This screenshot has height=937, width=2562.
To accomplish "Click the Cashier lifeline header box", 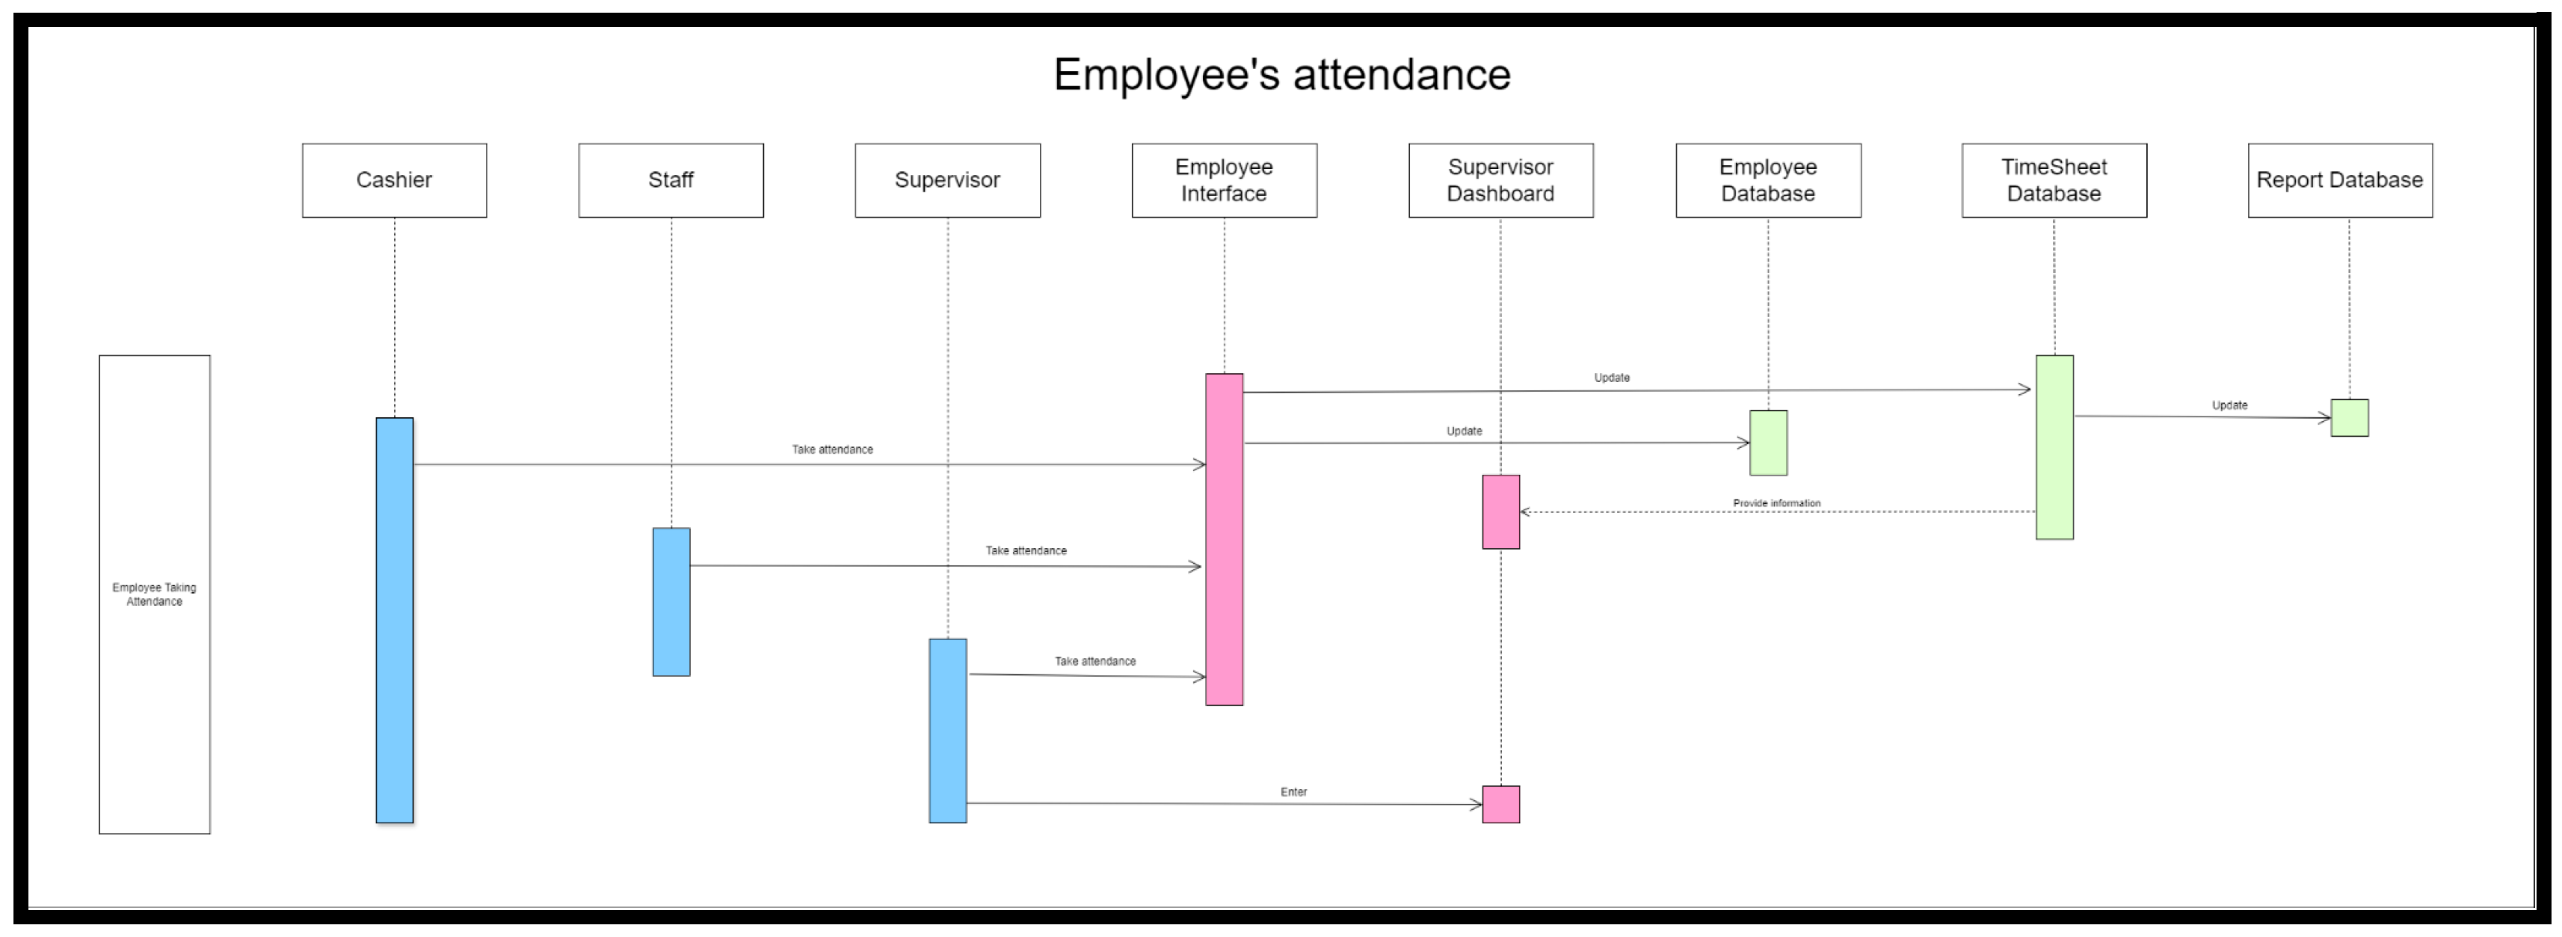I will click(394, 180).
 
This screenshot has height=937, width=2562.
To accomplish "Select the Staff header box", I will click(671, 180).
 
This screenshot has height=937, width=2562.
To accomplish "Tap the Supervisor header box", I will click(946, 180).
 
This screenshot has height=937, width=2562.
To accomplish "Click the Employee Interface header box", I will click(1223, 180).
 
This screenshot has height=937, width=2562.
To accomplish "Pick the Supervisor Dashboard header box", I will click(1500, 180).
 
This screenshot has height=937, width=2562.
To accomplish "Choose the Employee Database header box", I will click(1767, 180).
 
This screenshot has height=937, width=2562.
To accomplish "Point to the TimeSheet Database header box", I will click(2054, 180).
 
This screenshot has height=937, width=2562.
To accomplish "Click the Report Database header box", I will click(2339, 180).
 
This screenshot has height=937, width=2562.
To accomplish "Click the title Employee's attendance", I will click(1281, 75).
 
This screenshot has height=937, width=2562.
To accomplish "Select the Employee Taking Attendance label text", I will click(154, 594).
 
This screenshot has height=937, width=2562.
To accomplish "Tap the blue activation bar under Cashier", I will click(394, 620).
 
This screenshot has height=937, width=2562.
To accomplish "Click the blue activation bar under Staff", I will click(671, 602).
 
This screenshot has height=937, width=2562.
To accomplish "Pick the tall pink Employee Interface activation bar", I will click(1223, 539).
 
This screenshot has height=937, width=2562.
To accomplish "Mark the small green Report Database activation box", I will click(2349, 418).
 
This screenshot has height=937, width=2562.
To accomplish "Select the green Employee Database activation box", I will click(1767, 443).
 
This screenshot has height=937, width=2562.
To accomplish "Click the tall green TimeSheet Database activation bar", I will click(2054, 448).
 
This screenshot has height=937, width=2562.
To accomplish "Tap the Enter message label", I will click(1293, 792).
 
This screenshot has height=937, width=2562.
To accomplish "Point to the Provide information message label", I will click(1776, 503).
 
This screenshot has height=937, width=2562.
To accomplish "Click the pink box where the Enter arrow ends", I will click(1500, 804).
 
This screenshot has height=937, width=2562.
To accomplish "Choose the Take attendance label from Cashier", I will click(831, 449).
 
